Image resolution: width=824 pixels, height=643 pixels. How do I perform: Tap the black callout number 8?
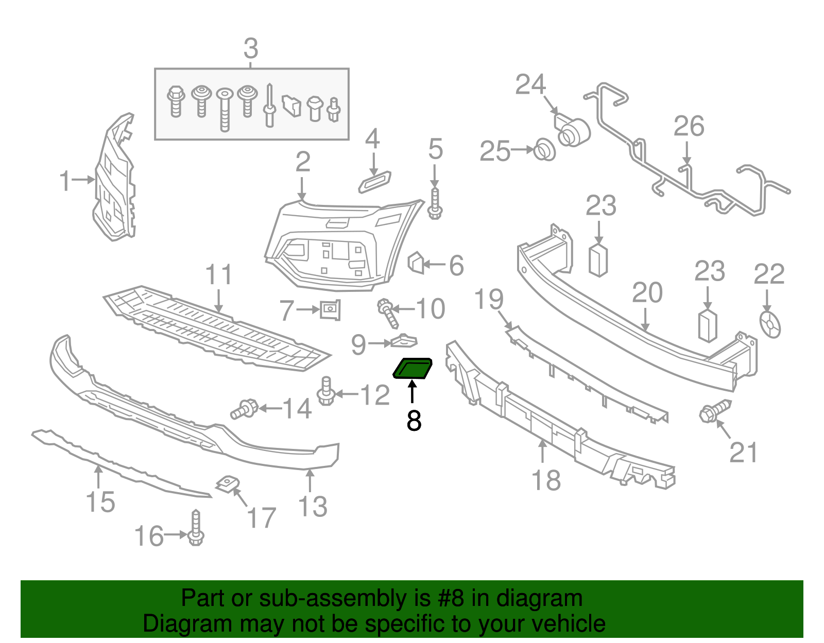coord(414,421)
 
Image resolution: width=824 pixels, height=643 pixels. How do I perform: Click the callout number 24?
coord(530,85)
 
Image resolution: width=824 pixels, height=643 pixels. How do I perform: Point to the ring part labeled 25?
coord(544,149)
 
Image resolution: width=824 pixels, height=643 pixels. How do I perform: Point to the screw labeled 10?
coord(388,312)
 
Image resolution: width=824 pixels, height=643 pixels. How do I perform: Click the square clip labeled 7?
coord(330,310)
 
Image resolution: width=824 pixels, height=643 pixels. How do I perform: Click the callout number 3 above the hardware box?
coord(251,49)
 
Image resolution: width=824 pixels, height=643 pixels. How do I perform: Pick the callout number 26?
coord(689,127)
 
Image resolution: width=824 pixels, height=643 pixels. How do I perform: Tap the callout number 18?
coord(546,481)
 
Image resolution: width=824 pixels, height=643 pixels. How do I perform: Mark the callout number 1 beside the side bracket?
coord(65,181)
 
